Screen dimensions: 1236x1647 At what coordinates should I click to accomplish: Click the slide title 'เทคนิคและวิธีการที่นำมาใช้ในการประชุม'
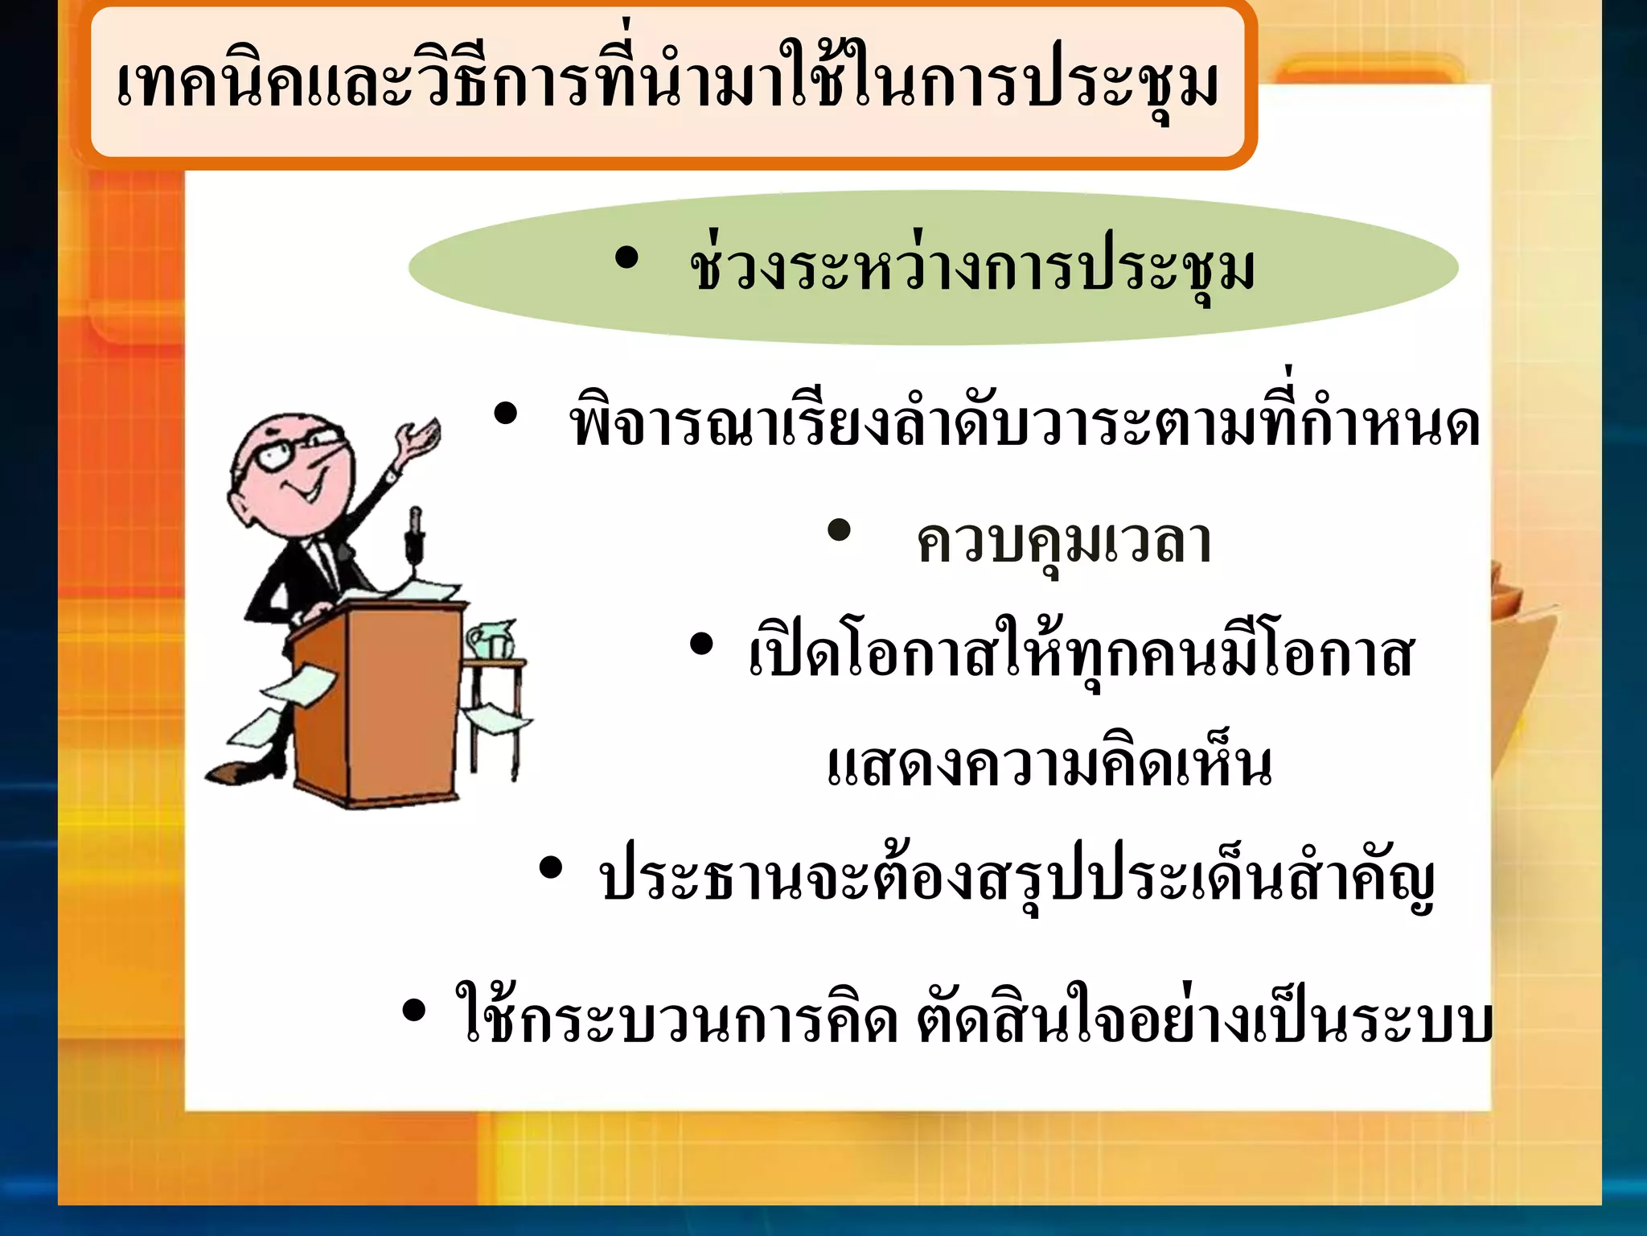(667, 84)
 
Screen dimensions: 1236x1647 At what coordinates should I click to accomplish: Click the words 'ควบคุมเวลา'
(1063, 542)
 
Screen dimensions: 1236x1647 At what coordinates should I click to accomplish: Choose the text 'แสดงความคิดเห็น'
(1049, 764)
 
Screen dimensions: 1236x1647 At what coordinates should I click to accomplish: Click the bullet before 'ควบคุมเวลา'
(839, 530)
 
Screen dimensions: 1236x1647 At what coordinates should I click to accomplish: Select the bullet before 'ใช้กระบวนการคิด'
(413, 1011)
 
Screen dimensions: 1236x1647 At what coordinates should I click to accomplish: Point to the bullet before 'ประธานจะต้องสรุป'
(551, 868)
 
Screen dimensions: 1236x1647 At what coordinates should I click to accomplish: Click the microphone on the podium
(415, 531)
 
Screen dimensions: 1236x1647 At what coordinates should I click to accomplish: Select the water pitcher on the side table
(490, 640)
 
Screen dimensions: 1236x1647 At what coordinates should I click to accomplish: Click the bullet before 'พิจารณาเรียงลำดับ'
(506, 414)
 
